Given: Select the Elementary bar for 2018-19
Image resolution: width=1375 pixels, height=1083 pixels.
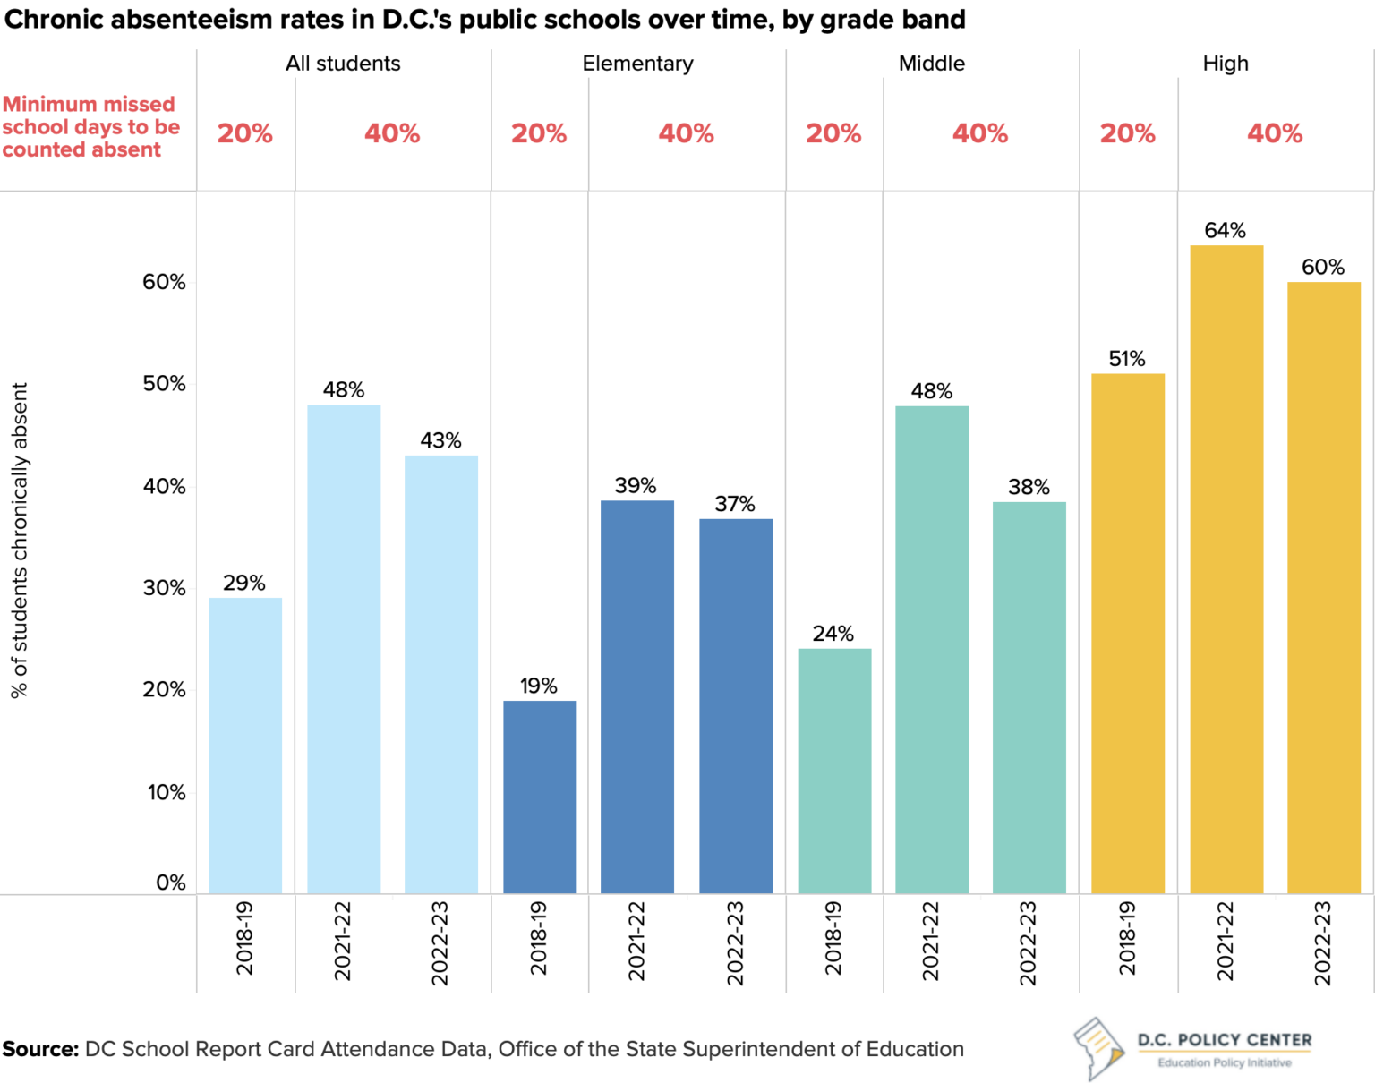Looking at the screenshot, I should coord(539,797).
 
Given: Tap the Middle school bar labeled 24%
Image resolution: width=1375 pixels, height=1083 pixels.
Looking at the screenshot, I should coord(833,771).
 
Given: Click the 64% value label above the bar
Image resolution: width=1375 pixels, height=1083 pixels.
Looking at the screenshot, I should coord(1225,230).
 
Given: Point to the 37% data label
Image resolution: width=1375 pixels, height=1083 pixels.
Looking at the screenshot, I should coord(734,504).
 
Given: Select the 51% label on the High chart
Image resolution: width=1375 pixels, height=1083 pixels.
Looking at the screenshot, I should coord(1126,359).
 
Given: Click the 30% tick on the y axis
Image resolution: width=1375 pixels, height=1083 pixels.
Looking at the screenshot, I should coord(164,588).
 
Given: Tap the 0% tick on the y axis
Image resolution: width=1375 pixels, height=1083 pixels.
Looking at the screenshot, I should coord(170,883).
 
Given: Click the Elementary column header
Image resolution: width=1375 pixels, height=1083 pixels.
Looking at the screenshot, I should coord(637,64).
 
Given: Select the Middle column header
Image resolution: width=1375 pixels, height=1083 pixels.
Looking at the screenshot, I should coord(931,64).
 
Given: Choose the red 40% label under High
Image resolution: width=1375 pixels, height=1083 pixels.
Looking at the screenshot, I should coord(1274,133).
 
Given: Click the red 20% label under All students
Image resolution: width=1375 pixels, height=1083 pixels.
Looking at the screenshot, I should coord(244,133).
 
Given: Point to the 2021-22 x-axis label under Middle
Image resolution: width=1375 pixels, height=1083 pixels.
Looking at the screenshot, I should coord(931,941).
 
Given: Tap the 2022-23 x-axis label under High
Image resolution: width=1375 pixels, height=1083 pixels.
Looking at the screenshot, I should coord(1322,942).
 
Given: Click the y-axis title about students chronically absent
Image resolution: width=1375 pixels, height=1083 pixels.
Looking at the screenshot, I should coord(20,540).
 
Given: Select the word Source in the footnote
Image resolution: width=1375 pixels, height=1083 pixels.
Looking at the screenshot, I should coord(40,1049).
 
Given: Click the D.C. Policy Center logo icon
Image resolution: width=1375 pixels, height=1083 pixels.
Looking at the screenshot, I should coord(1098,1047).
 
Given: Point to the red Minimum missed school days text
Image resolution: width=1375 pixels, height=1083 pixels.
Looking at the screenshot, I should coord(90,127).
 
